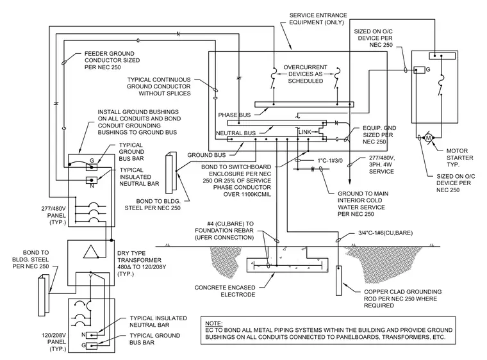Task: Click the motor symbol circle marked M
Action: [x=429, y=137]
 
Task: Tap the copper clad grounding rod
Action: [x=339, y=281]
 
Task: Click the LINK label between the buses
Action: [x=304, y=132]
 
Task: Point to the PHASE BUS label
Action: [x=234, y=115]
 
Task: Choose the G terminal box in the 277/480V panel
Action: [x=91, y=167]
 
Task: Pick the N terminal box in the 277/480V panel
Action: [x=91, y=180]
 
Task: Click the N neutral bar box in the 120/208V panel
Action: [x=92, y=335]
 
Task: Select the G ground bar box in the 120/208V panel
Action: [x=92, y=345]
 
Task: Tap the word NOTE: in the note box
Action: [x=213, y=323]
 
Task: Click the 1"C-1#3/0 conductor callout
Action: [x=330, y=161]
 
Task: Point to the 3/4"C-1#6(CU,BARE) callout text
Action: [x=386, y=233]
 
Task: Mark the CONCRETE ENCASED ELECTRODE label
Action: [x=225, y=291]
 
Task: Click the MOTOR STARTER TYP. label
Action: [x=459, y=158]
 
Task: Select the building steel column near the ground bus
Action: [x=172, y=173]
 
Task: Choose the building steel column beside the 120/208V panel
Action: [x=44, y=295]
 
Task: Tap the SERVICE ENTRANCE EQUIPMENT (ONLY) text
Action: [x=318, y=19]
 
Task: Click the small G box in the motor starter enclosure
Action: [x=420, y=70]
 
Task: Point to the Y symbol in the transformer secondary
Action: [x=91, y=276]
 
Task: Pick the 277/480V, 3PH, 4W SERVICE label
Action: [x=381, y=165]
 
